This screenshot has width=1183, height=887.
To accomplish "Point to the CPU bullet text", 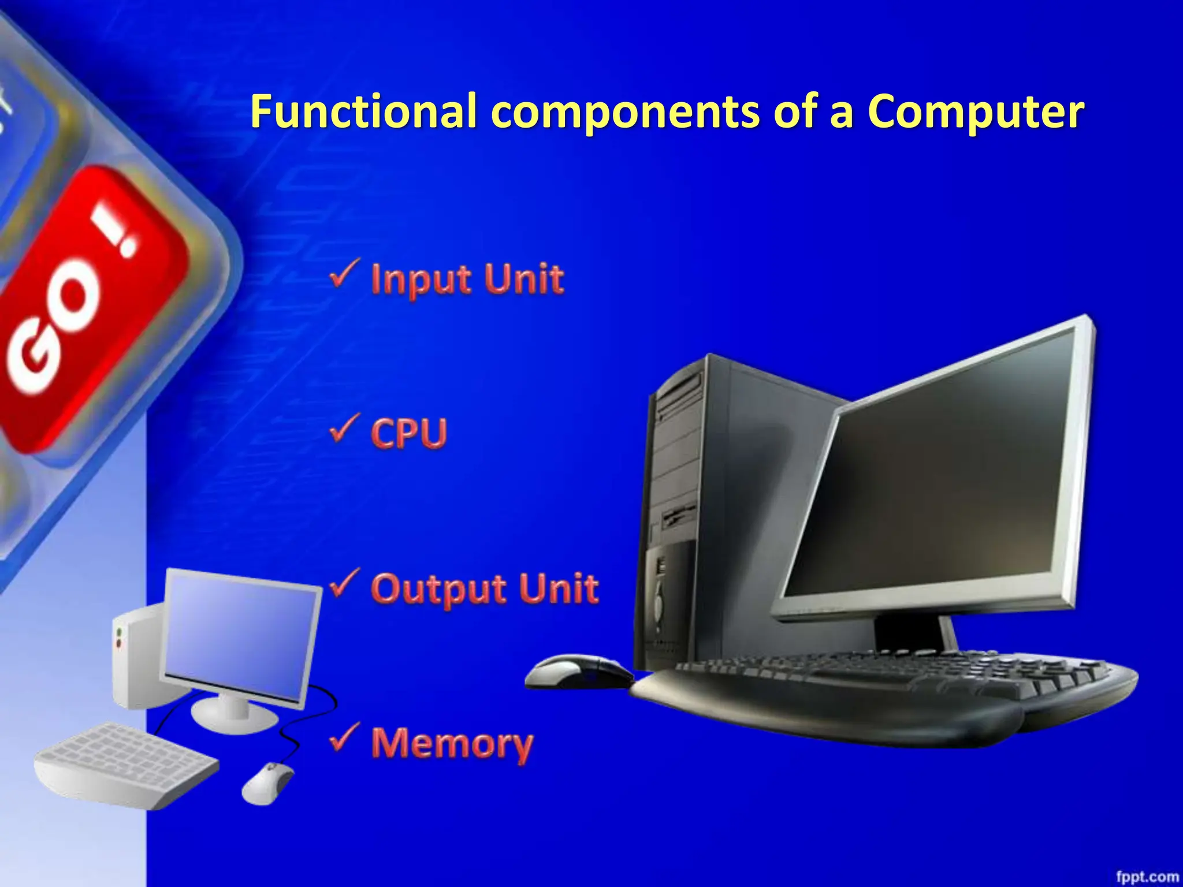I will tap(409, 433).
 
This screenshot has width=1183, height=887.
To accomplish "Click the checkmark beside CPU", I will tap(345, 428).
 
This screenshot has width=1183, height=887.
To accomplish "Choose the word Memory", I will tap(452, 744).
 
